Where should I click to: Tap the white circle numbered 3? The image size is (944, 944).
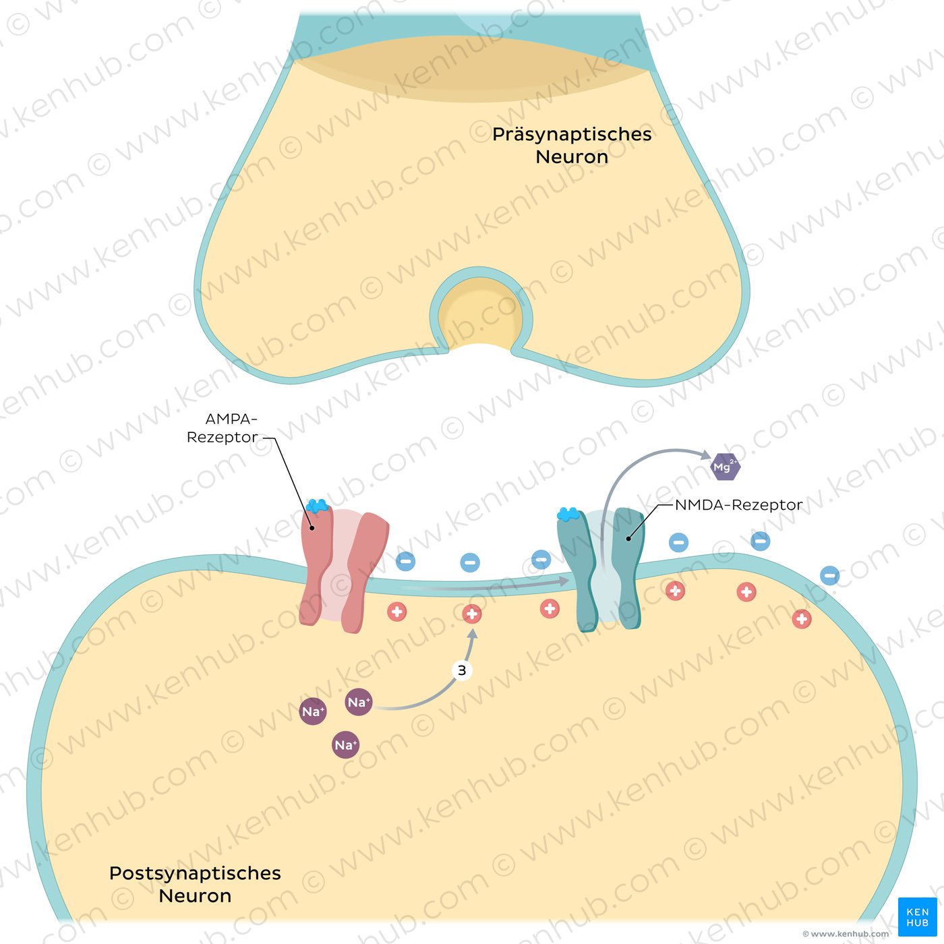coord(462,670)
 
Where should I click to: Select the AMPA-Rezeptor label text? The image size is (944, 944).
coord(222,428)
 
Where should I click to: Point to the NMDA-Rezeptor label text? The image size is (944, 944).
coord(738,504)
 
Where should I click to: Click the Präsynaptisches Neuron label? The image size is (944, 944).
coord(572,145)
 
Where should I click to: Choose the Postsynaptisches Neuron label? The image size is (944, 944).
coord(195,884)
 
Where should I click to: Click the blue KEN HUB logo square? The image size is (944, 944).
coord(917,916)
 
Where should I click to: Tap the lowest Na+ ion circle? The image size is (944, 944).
coord(345,744)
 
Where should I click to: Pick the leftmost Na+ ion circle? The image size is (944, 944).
coord(313,711)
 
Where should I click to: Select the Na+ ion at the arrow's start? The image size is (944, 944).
coord(358,702)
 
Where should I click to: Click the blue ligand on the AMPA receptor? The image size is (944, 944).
coord(317,505)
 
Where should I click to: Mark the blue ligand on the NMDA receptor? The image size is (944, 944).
coord(568,514)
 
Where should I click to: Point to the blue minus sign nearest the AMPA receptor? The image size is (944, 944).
coord(405,560)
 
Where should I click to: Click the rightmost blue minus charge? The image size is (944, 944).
coord(829,575)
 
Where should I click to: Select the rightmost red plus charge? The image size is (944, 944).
coord(801,618)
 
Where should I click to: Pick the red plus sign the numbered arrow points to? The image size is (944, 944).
coord(471,614)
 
